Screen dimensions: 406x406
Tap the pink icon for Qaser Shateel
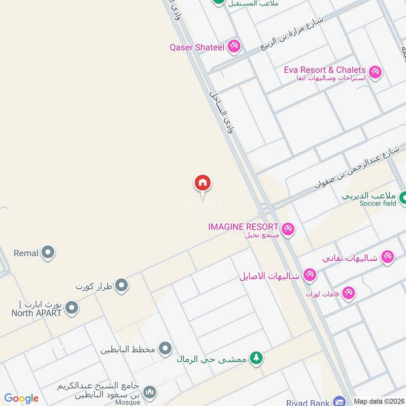(234, 47)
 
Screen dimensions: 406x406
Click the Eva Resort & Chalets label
(325, 70)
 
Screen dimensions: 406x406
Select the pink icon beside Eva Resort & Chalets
(375, 73)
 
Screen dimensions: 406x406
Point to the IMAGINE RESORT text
(243, 227)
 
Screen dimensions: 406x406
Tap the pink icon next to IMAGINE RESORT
(288, 229)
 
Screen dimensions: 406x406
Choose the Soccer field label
(378, 204)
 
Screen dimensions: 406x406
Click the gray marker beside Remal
(48, 252)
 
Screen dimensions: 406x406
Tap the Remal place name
(26, 253)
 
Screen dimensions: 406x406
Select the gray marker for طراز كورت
(121, 286)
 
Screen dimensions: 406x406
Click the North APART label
(37, 313)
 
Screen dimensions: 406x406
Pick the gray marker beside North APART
(72, 308)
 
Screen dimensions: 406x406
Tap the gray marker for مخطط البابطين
(165, 349)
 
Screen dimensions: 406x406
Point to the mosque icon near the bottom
(149, 392)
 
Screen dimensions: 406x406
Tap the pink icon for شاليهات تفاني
(387, 257)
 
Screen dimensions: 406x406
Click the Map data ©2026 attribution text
(378, 401)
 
